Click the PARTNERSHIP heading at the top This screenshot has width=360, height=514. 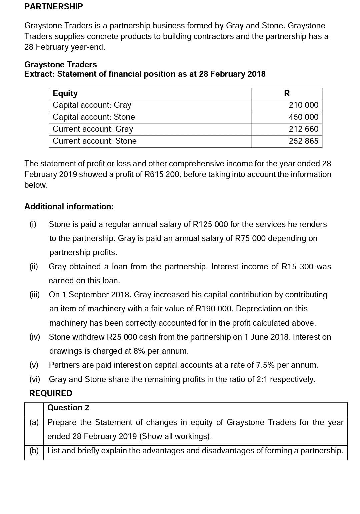coord(53,7)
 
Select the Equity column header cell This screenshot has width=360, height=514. coord(65,93)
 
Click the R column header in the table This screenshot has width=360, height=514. coord(287,93)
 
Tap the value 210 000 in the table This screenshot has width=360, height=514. coord(303,105)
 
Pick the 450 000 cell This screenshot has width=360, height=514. coord(303,117)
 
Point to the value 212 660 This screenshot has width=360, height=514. coord(303,129)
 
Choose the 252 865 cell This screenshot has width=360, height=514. coord(303,141)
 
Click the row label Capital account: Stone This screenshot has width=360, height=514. coord(94,117)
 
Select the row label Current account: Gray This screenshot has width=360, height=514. coord(93,129)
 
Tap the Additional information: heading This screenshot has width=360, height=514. coord(69,207)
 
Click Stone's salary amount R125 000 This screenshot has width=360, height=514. coord(210,224)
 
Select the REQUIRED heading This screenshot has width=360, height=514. coord(51,393)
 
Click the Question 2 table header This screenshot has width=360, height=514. coord(68,408)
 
